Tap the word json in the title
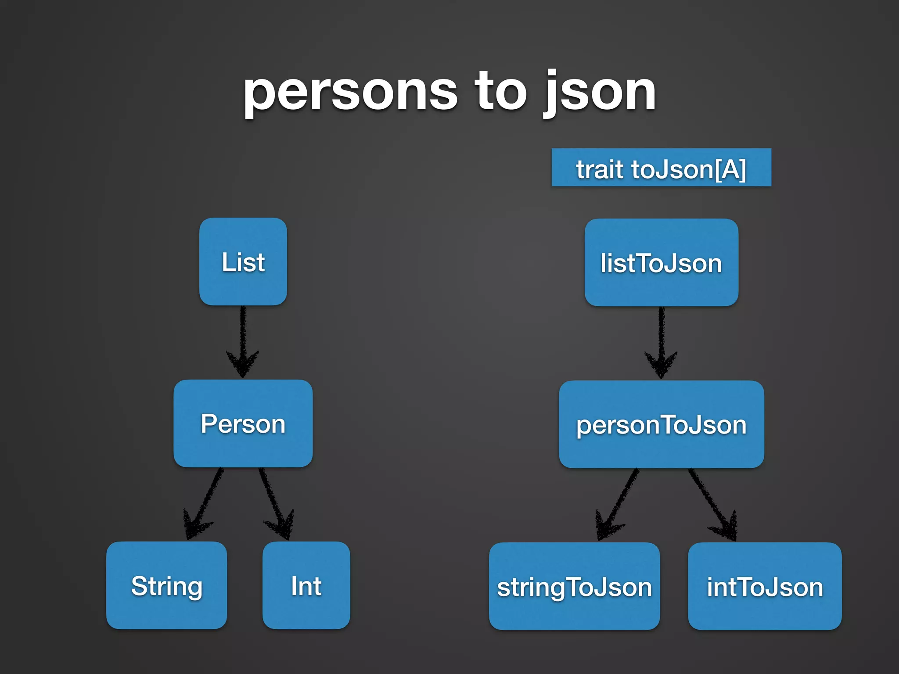[600, 93]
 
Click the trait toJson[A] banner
[661, 168]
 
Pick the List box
[243, 262]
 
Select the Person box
[243, 423]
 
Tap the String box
[166, 585]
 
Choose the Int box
[306, 585]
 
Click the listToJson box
[661, 263]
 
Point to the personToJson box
[661, 424]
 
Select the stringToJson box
[574, 586]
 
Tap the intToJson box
[765, 586]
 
